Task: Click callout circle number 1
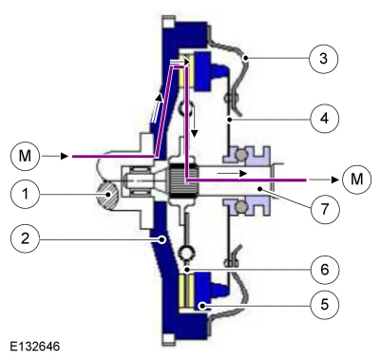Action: click(x=25, y=194)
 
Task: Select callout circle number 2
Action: click(x=25, y=237)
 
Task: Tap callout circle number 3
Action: click(x=323, y=59)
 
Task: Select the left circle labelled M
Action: click(x=25, y=156)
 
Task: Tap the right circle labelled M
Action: click(x=357, y=180)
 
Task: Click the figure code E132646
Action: click(x=34, y=346)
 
